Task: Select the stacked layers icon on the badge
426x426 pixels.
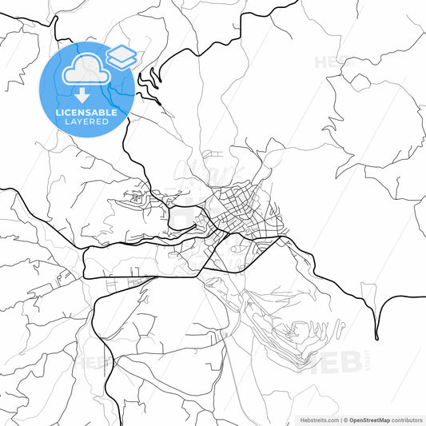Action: (x=121, y=55)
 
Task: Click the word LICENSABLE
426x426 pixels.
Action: (x=86, y=113)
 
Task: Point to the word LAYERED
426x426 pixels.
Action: (x=86, y=122)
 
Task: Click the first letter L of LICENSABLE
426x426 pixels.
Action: (x=58, y=113)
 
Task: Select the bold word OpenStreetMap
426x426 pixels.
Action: (x=375, y=420)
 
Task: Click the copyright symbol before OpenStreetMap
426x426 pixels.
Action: (x=346, y=420)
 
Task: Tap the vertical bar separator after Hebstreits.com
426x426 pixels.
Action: (x=340, y=420)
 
